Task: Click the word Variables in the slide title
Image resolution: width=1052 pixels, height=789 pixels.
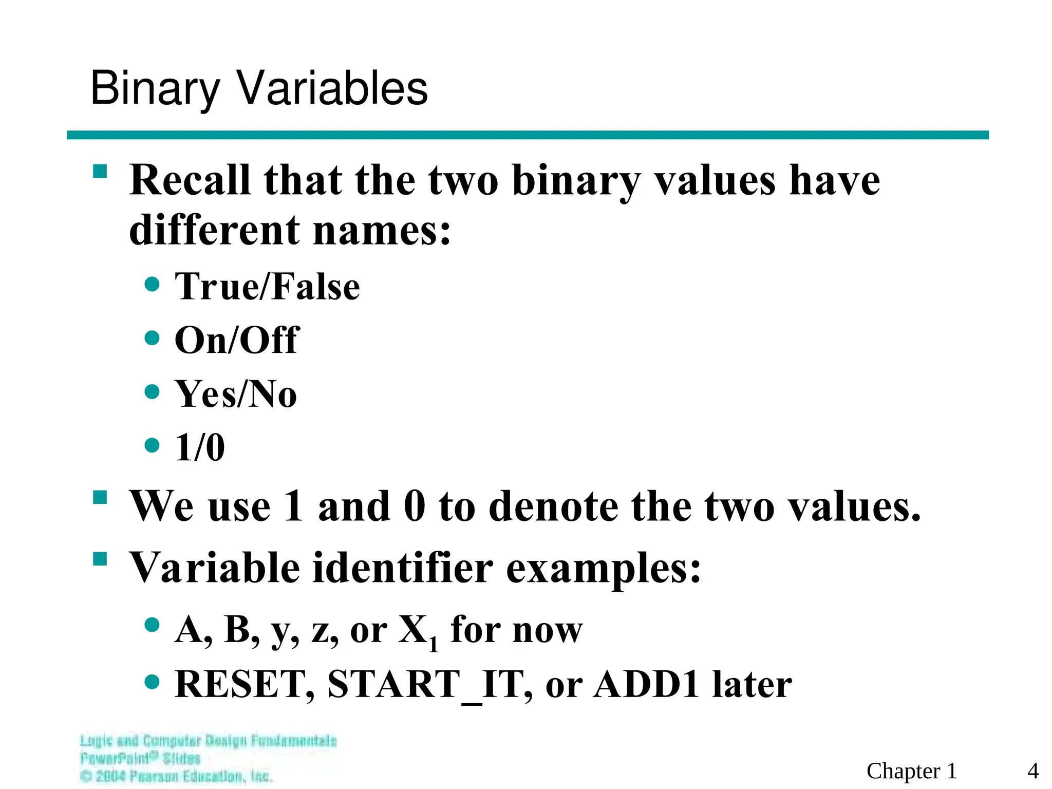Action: (x=332, y=88)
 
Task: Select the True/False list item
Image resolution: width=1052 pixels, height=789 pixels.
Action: (x=267, y=286)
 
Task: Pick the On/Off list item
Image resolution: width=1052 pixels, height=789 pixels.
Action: (x=236, y=340)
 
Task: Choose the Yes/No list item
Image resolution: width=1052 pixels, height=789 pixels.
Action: (x=236, y=394)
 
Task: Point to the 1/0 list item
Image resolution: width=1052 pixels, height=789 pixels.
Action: (x=200, y=447)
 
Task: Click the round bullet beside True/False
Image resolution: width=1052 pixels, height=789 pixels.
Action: (x=152, y=284)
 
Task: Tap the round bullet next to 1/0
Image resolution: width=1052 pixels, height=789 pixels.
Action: (x=152, y=445)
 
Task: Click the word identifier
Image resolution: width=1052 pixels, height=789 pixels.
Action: (x=403, y=568)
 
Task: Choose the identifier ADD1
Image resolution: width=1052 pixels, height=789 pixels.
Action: (x=646, y=684)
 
